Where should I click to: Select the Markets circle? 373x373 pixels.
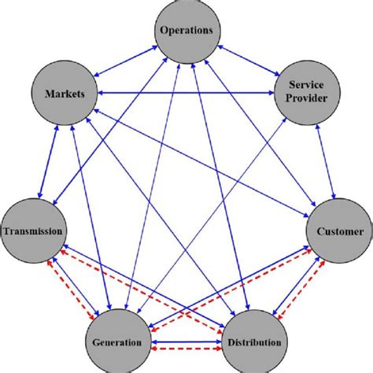click(65, 94)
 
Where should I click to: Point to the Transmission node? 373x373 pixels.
click(33, 231)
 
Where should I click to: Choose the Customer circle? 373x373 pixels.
click(339, 231)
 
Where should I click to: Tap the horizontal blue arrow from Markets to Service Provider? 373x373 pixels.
click(186, 94)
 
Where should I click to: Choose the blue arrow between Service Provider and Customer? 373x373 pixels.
click(323, 162)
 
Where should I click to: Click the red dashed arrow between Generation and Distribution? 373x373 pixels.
click(187, 349)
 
